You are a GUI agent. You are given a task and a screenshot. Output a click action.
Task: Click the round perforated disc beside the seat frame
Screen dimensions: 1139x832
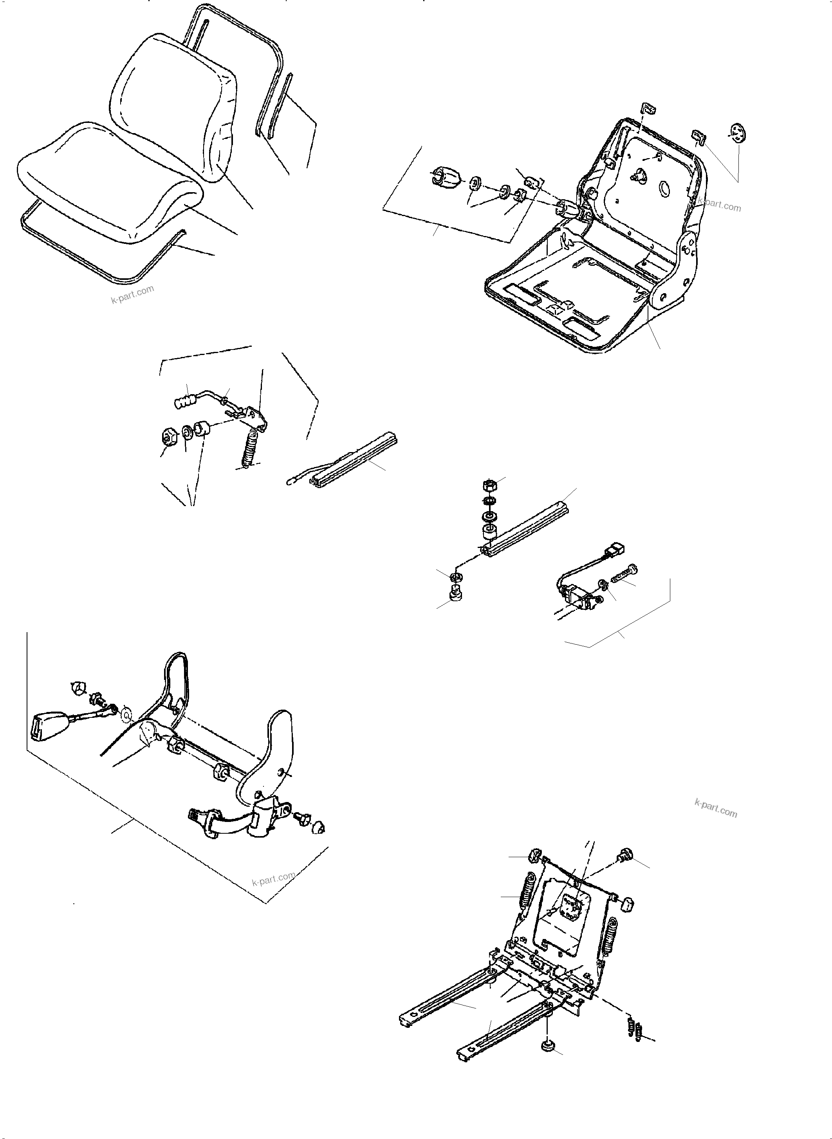pos(738,133)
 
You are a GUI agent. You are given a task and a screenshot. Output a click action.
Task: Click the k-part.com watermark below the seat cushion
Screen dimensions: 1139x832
pos(132,295)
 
